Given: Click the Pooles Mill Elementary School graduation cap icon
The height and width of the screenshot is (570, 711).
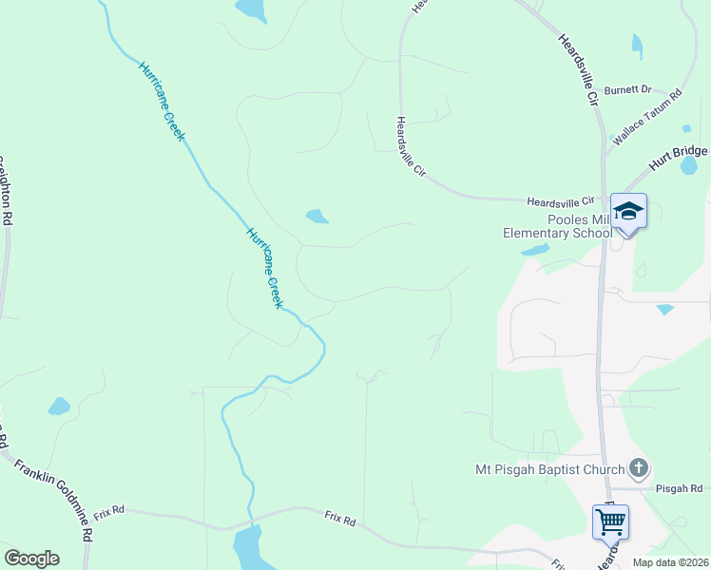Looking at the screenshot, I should coord(628,210).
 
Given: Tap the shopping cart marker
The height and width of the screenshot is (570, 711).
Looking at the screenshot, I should coord(609,521).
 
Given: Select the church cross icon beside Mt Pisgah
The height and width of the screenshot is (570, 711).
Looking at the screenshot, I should coord(639,467).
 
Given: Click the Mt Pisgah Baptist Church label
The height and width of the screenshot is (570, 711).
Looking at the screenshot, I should coord(550,468).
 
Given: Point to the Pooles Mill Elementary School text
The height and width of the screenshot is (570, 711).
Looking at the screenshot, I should coord(558,226).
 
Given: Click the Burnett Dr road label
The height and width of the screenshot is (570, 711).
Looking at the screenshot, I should coord(627,89).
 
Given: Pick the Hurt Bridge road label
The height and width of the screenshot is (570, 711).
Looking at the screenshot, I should coord(679,157).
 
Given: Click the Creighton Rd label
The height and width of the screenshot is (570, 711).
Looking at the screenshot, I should coord(8,190).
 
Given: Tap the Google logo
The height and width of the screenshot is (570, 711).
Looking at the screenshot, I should coord(31,559).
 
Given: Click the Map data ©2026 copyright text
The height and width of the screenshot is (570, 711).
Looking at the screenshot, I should coord(670,562).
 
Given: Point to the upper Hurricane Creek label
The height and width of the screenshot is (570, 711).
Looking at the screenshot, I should coord(162,101).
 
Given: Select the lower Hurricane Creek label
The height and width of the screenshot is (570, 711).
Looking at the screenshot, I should coord(265,267).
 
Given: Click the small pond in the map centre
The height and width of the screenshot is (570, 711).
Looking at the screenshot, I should coord(317,217).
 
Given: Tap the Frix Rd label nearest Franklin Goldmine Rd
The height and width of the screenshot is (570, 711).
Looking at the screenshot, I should coord(109,510).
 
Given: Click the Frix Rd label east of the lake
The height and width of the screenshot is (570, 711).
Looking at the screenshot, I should coord(339,521).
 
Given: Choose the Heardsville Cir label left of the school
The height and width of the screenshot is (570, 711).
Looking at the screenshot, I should coord(560,200).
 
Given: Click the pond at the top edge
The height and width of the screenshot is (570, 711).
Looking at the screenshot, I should coord(252,9).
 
